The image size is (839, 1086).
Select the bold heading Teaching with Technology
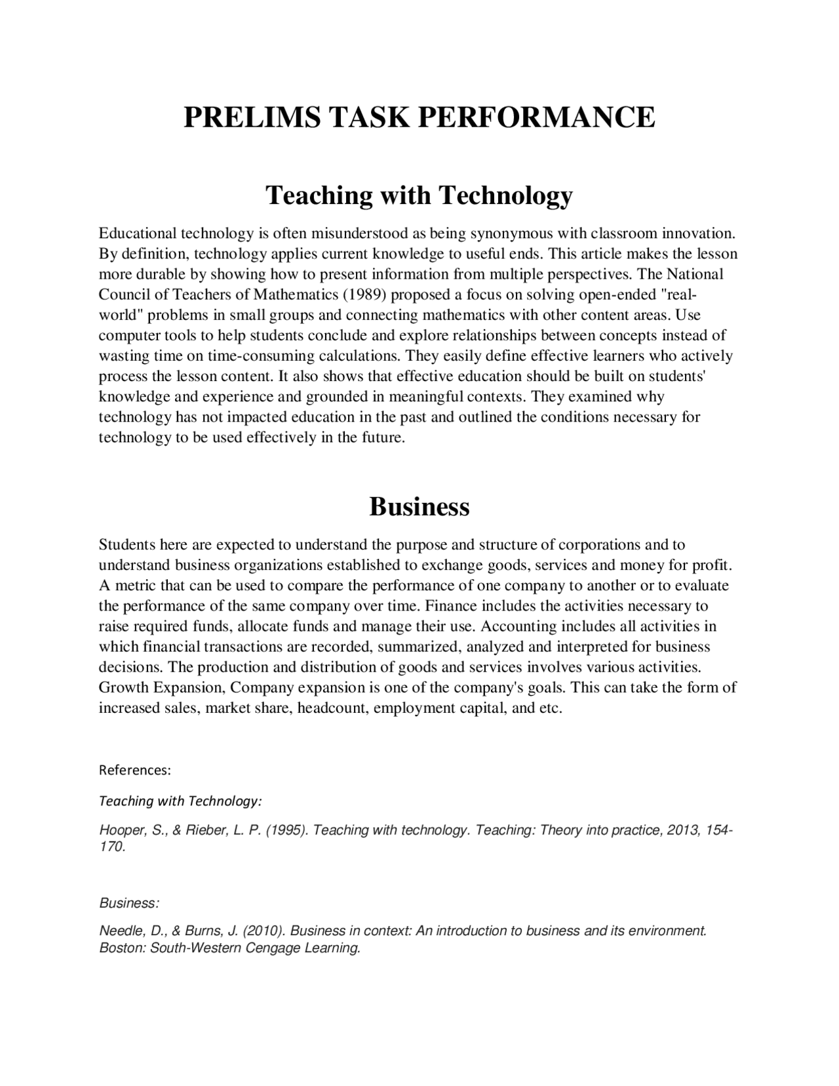[x=419, y=195]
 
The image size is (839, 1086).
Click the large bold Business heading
[x=419, y=506]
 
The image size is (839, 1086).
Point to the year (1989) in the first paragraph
[x=364, y=294]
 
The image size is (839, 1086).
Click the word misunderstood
[x=359, y=233]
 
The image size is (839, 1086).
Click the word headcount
[x=332, y=708]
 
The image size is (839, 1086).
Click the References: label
[x=134, y=770]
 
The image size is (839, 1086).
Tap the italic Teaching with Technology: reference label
[x=180, y=801]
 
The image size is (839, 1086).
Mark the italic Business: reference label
[x=129, y=903]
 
